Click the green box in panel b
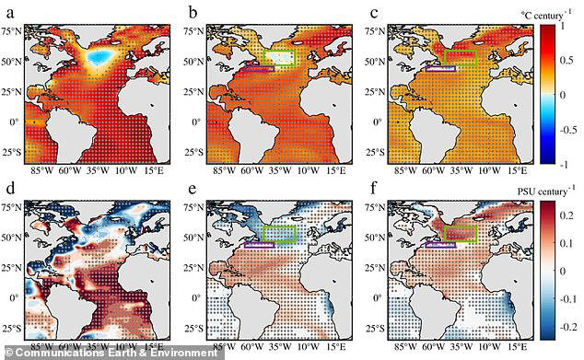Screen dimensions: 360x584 tap(277, 57)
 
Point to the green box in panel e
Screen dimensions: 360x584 tap(277, 235)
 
